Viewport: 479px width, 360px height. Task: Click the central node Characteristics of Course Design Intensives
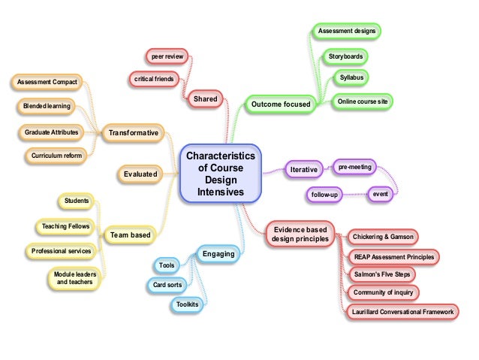220,173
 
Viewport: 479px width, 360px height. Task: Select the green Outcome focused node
280,103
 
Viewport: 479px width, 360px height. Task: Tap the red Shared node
205,98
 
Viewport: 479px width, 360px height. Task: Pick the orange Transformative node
134,133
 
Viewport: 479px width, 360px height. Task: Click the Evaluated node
140,174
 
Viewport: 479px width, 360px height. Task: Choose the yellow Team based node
130,235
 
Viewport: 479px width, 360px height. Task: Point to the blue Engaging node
218,254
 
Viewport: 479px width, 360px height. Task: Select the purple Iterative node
303,171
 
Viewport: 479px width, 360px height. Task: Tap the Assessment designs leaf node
346,31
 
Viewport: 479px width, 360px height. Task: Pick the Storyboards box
347,56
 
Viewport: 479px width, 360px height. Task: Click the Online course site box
362,101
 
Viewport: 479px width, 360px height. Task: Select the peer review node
169,56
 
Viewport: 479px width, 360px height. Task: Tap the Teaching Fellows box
65,225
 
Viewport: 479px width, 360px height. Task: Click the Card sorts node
167,285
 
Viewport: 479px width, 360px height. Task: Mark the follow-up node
325,195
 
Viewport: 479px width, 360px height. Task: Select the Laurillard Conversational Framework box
401,311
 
